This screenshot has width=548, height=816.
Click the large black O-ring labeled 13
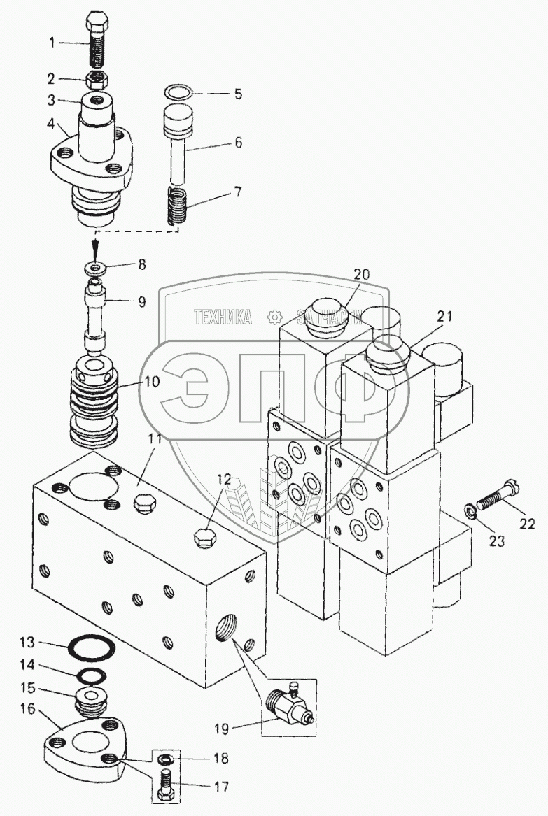click(91, 648)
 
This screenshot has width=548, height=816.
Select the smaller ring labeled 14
click(91, 675)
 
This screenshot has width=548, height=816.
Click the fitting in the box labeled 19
click(288, 706)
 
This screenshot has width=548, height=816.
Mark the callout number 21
click(444, 316)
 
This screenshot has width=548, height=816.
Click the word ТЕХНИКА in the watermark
click(223, 316)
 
